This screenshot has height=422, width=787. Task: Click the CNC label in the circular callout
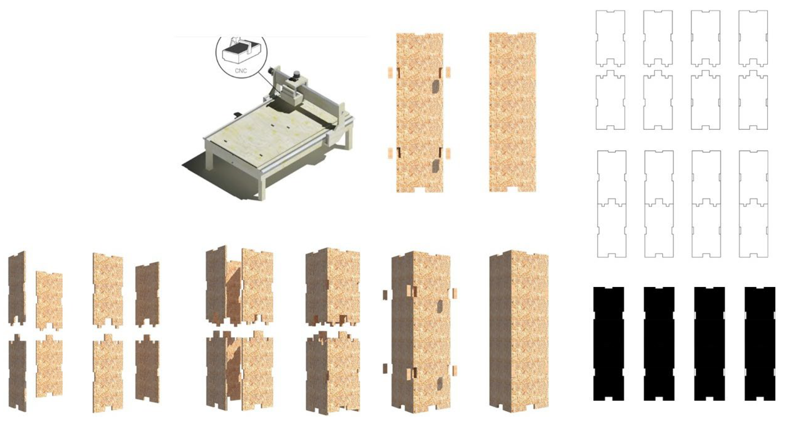tap(241, 71)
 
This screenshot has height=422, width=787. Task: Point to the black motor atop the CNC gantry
tap(296, 75)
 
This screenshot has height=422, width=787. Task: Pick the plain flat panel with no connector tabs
tap(512, 112)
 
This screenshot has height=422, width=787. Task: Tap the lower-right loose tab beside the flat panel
tap(448, 154)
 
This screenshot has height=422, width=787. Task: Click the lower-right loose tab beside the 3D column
tap(454, 370)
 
